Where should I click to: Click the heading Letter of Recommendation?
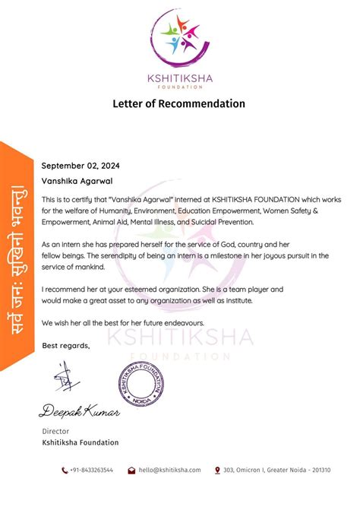coord(180,103)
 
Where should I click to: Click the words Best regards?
coord(65,347)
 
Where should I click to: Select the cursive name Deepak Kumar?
coord(80,411)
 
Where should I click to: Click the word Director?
coord(55,431)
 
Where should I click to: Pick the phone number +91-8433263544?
coord(92,470)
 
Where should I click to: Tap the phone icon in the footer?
coord(65,470)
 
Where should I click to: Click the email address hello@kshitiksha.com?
coord(169,470)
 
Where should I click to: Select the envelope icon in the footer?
coord(131,470)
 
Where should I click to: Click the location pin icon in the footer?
coord(217,470)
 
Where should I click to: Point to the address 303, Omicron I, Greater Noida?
coord(277,470)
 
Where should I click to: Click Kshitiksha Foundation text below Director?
coord(80,442)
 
